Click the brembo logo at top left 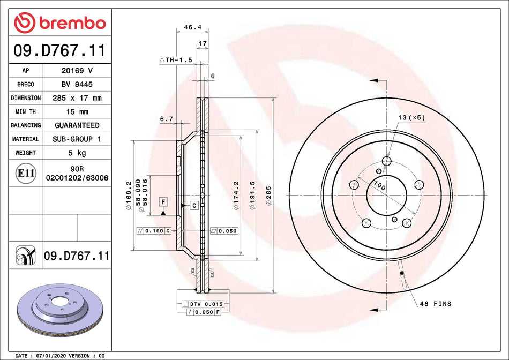tap(59, 22)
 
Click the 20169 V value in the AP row tap(77, 71)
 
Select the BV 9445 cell tap(77, 85)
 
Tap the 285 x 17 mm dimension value tap(77, 98)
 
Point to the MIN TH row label tap(26, 112)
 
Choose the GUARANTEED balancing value tap(77, 125)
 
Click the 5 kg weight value tap(77, 153)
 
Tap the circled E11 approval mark tap(26, 173)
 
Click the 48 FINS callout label tap(435, 304)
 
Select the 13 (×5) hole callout tap(411, 117)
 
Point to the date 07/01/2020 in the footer tap(53, 356)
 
